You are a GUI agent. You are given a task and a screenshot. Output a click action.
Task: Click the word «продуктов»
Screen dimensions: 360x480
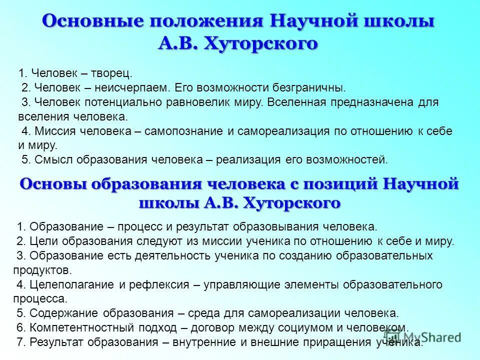(x=42, y=270)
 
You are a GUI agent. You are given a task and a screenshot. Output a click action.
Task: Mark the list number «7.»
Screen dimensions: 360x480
(x=21, y=342)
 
